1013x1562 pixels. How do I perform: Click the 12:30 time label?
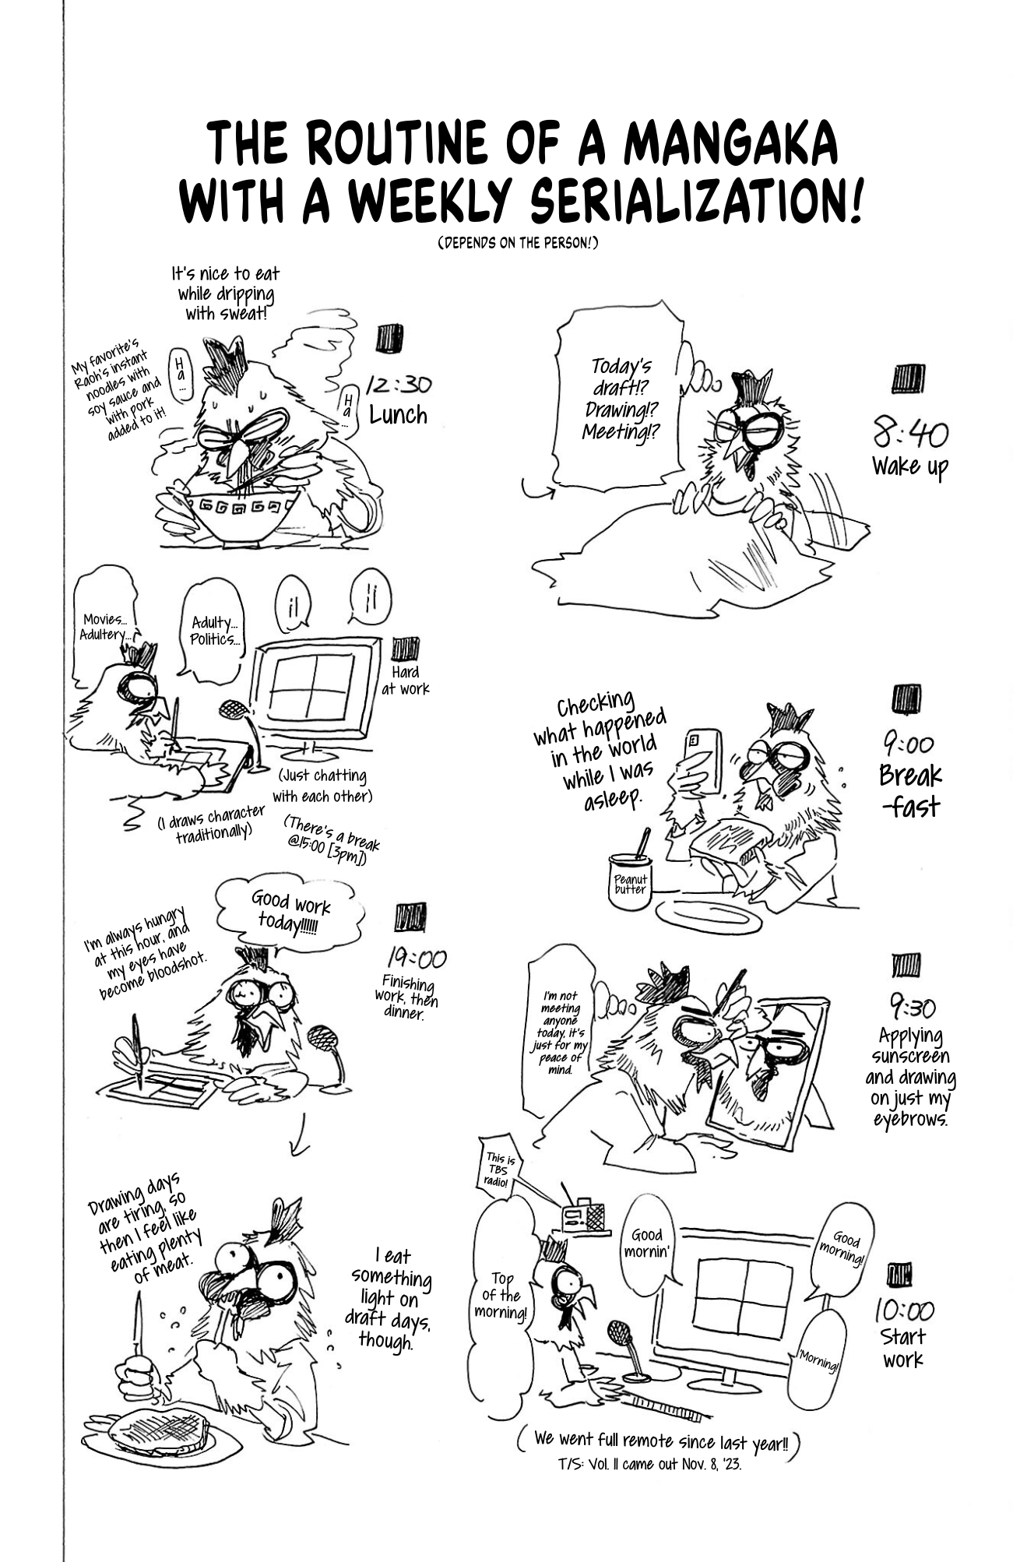click(399, 385)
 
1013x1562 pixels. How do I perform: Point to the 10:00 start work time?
click(903, 1310)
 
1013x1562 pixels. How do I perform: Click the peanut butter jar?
click(630, 882)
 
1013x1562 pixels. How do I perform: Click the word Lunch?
click(398, 415)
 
